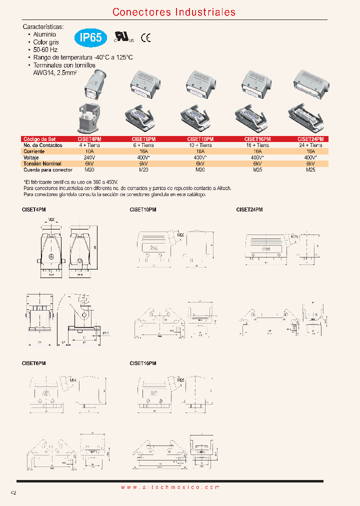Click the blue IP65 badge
pyautogui.click(x=91, y=37)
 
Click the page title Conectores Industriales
pyautogui.click(x=174, y=12)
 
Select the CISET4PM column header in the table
pyautogui.click(x=89, y=139)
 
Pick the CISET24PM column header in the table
pyautogui.click(x=310, y=139)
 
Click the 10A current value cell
pyautogui.click(x=89, y=151)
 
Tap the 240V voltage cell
pyautogui.click(x=89, y=157)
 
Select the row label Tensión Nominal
pyautogui.click(x=42, y=163)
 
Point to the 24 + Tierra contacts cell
pyautogui.click(x=310, y=145)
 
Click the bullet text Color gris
pyautogui.click(x=46, y=42)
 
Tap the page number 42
pyautogui.click(x=13, y=492)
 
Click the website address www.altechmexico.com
pyautogui.click(x=170, y=487)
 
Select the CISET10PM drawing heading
pyautogui.click(x=143, y=210)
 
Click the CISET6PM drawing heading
pyautogui.click(x=34, y=363)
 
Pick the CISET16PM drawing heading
pyautogui.click(x=143, y=363)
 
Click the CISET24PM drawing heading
pyautogui.click(x=249, y=210)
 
